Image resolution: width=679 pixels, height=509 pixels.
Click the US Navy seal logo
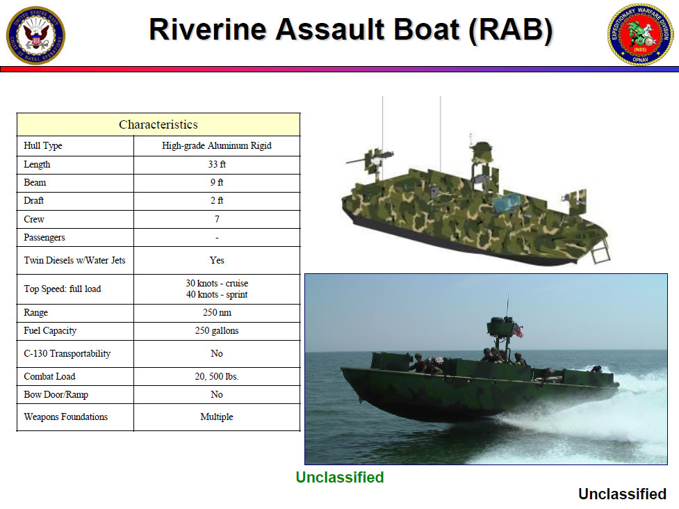(35, 34)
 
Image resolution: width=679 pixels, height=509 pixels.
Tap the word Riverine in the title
(207, 30)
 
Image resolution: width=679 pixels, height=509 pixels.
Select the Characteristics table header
(158, 124)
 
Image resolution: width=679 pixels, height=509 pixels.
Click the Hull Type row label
(43, 146)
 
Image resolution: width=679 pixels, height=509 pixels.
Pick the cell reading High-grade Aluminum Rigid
(217, 146)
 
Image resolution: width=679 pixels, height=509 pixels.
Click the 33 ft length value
(217, 165)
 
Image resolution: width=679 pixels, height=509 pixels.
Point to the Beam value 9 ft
(217, 183)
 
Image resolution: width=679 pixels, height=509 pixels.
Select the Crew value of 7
(217, 219)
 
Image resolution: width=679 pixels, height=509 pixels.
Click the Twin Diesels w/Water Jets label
(74, 260)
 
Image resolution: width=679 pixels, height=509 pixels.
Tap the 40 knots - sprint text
(217, 294)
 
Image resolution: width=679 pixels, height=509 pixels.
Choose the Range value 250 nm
(217, 313)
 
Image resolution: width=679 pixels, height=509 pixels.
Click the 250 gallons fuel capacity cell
(217, 331)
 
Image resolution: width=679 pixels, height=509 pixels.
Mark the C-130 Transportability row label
(67, 353)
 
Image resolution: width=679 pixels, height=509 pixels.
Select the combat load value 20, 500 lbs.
(217, 376)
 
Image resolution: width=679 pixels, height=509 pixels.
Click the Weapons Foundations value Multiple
(217, 417)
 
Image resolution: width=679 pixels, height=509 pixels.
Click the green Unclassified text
(339, 477)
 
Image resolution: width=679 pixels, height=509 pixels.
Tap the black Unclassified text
(622, 494)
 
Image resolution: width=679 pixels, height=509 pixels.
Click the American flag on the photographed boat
(517, 331)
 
